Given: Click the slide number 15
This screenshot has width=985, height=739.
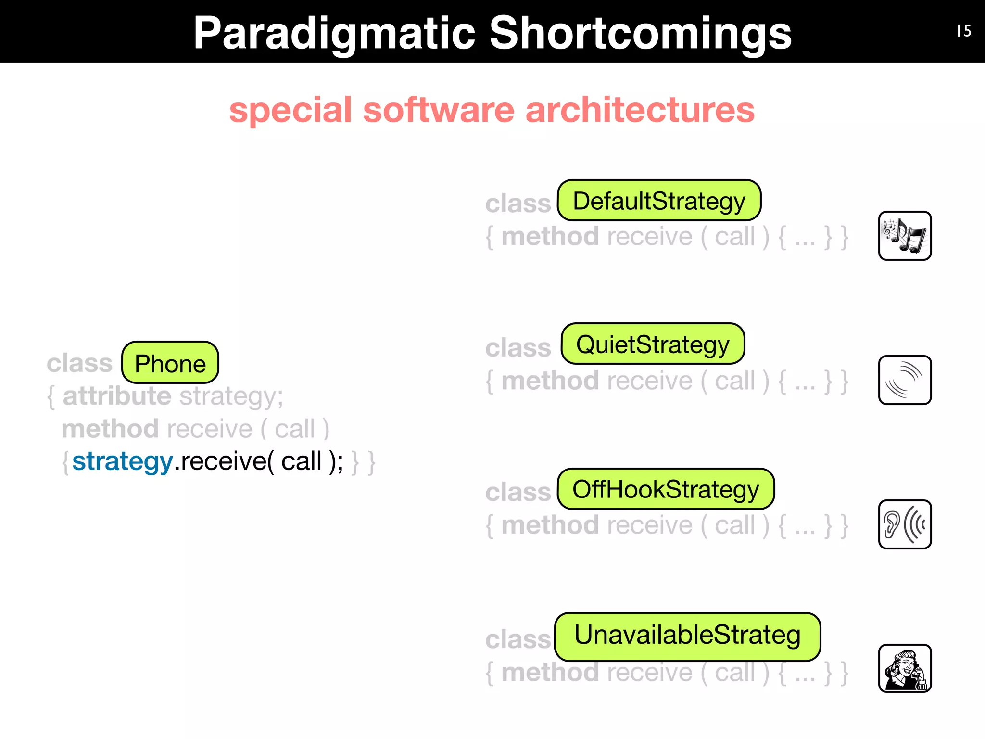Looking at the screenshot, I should [964, 31].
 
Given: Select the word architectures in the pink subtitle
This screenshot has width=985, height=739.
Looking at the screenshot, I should [640, 110].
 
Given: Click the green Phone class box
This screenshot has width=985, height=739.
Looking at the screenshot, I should [170, 363].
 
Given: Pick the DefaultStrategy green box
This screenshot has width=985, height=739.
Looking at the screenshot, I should [659, 201].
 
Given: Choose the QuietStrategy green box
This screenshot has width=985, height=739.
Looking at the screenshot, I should [653, 344].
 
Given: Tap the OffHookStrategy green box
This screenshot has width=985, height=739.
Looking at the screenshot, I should [666, 489].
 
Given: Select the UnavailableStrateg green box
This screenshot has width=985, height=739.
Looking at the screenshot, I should [687, 636].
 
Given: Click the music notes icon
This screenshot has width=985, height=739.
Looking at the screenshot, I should [905, 236].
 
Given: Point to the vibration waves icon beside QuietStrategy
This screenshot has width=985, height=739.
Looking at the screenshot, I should [905, 380].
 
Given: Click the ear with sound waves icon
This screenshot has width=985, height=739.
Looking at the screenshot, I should [905, 524].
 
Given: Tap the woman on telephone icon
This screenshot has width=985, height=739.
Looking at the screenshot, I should [905, 668].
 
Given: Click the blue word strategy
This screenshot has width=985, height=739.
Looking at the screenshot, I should [122, 461].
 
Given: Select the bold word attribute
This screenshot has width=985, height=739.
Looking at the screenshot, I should [117, 396].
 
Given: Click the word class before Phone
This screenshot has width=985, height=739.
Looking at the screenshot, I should [79, 363].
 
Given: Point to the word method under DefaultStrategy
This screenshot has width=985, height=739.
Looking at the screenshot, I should [550, 237].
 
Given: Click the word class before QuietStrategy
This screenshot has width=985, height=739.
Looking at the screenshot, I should [518, 348].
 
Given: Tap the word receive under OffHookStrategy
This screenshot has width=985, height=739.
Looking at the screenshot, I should [649, 525].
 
